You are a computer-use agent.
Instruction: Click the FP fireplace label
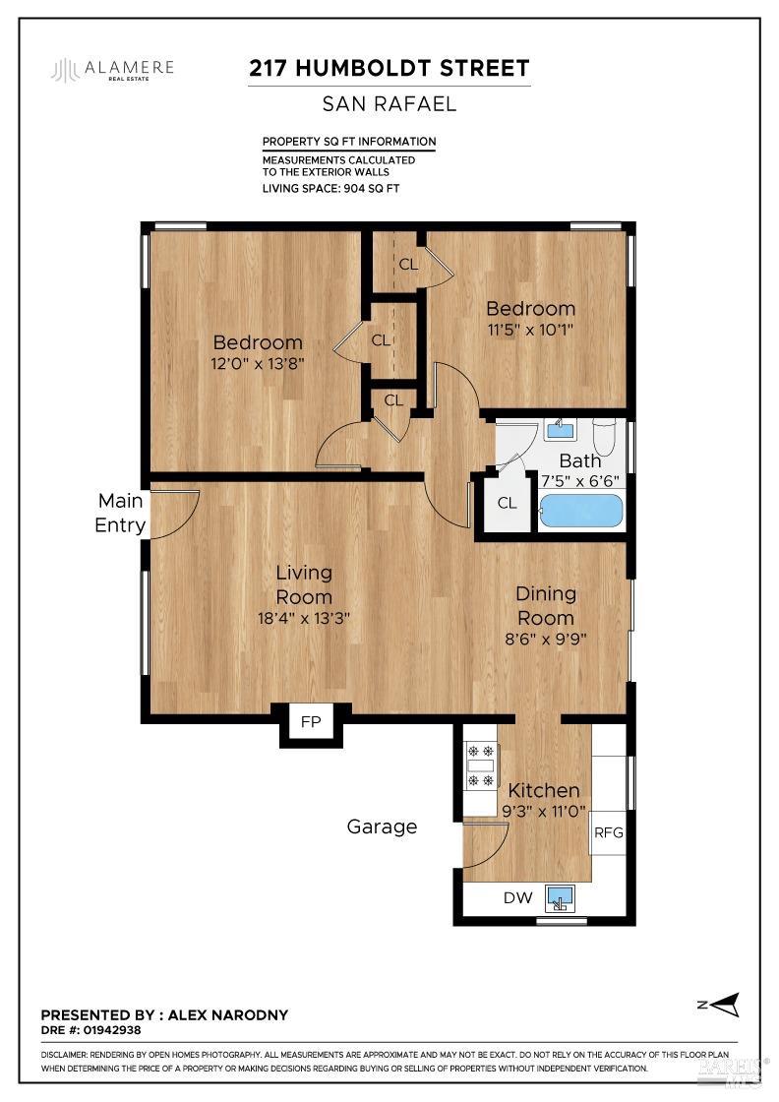tap(311, 722)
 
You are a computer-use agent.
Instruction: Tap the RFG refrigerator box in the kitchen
tap(609, 832)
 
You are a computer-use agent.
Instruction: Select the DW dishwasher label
tap(517, 897)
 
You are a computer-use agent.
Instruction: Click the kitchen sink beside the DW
tap(561, 898)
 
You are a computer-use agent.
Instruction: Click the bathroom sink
tap(560, 428)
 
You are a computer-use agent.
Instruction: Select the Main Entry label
tap(119, 513)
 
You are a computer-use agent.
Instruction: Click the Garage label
tap(382, 826)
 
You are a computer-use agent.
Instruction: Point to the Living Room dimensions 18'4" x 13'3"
tap(303, 618)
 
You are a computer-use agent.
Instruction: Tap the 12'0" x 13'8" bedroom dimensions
tap(258, 364)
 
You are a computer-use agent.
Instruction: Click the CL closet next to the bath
tap(507, 504)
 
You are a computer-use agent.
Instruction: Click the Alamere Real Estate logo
tap(113, 70)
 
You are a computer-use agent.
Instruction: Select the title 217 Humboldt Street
tap(389, 69)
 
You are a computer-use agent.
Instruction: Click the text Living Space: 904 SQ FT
tap(330, 188)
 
